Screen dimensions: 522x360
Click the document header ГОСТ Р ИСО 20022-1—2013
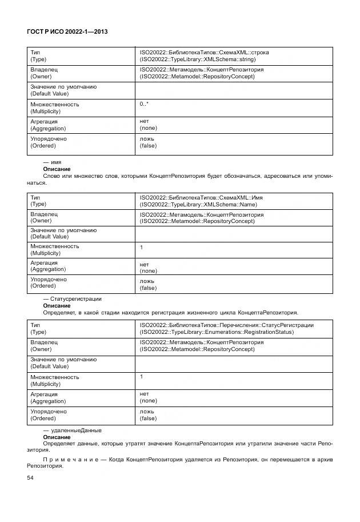tap(67, 32)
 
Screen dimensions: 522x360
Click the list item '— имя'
tap(52, 162)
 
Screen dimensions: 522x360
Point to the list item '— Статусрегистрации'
tap(73, 298)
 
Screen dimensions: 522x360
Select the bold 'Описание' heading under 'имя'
tap(57, 169)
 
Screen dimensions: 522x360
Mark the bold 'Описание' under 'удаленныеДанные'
tap(57, 437)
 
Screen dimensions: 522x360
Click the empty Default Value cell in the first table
tap(234, 90)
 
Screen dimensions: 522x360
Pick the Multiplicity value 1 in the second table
tap(142, 248)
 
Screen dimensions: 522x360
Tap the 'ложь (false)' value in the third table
tap(148, 415)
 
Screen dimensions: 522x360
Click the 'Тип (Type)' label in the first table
tap(38, 55)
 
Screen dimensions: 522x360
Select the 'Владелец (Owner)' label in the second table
tap(44, 217)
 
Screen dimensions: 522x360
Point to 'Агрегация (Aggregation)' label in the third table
tap(48, 398)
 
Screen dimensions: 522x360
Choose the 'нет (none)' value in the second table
tap(148, 268)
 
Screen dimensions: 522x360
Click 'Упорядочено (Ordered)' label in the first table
tap(48, 142)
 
